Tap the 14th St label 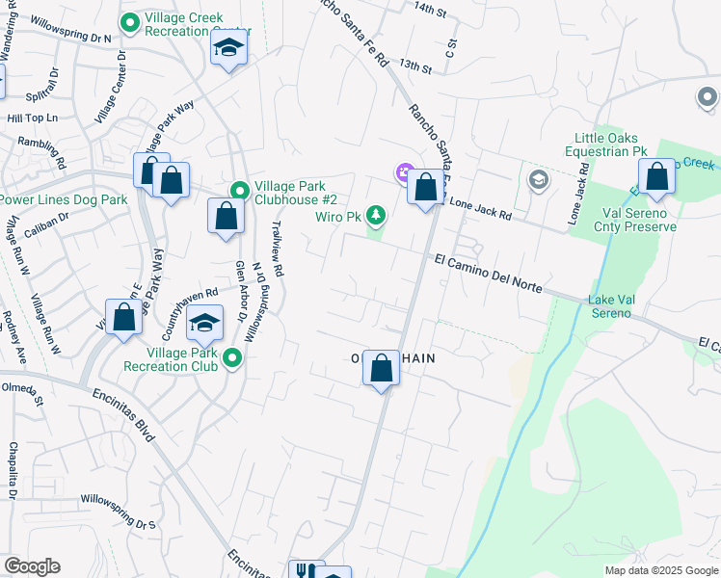click(x=431, y=10)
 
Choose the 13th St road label click(x=415, y=66)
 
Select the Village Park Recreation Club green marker click(x=231, y=359)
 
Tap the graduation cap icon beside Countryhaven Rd click(x=204, y=324)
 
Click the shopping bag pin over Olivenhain click(x=381, y=367)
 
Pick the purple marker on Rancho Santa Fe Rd click(x=403, y=173)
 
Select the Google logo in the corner click(x=32, y=566)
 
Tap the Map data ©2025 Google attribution click(x=660, y=570)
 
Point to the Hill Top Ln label click(x=33, y=118)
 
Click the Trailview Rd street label click(x=278, y=248)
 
